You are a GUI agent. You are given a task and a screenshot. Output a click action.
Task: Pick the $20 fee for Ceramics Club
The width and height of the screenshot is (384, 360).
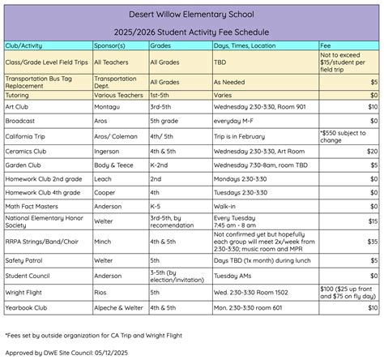pyautogui.click(x=372, y=151)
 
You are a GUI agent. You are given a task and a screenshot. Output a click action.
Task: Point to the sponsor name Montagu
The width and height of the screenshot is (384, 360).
pyautogui.click(x=108, y=106)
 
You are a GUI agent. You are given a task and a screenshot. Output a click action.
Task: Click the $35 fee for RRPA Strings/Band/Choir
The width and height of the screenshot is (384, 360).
pyautogui.click(x=372, y=241)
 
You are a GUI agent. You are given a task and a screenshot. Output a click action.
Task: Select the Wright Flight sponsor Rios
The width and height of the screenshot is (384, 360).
pyautogui.click(x=100, y=292)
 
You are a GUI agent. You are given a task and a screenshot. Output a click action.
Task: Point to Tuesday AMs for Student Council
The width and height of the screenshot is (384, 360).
pyautogui.click(x=233, y=276)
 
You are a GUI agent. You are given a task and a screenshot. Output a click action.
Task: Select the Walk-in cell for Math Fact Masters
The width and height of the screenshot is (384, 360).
pyautogui.click(x=224, y=206)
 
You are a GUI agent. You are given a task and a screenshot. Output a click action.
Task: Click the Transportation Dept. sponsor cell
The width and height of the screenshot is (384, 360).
pyautogui.click(x=114, y=82)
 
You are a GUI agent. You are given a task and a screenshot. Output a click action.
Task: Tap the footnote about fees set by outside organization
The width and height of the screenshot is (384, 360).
pyautogui.click(x=93, y=334)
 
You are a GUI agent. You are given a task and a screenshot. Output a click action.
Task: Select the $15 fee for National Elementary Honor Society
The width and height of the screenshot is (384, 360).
pyautogui.click(x=372, y=221)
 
